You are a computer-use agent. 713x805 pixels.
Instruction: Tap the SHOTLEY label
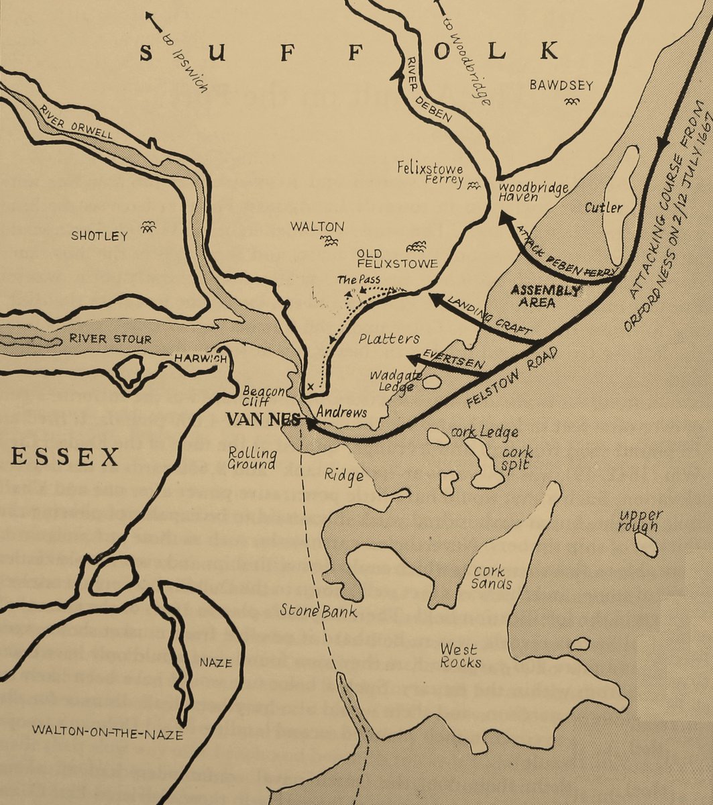click(99, 236)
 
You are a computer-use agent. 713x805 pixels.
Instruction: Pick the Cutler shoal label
click(603, 208)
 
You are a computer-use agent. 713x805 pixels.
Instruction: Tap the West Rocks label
click(460, 655)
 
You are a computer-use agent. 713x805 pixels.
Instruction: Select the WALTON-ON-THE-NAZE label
click(107, 735)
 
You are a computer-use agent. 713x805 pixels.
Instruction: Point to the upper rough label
click(641, 521)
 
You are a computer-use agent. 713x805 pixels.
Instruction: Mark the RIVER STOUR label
click(110, 339)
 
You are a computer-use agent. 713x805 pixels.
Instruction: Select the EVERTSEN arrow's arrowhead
click(411, 358)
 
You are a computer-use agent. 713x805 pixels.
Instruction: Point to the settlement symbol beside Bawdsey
click(571, 101)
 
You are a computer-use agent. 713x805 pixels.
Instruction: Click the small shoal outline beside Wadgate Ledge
click(432, 382)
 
